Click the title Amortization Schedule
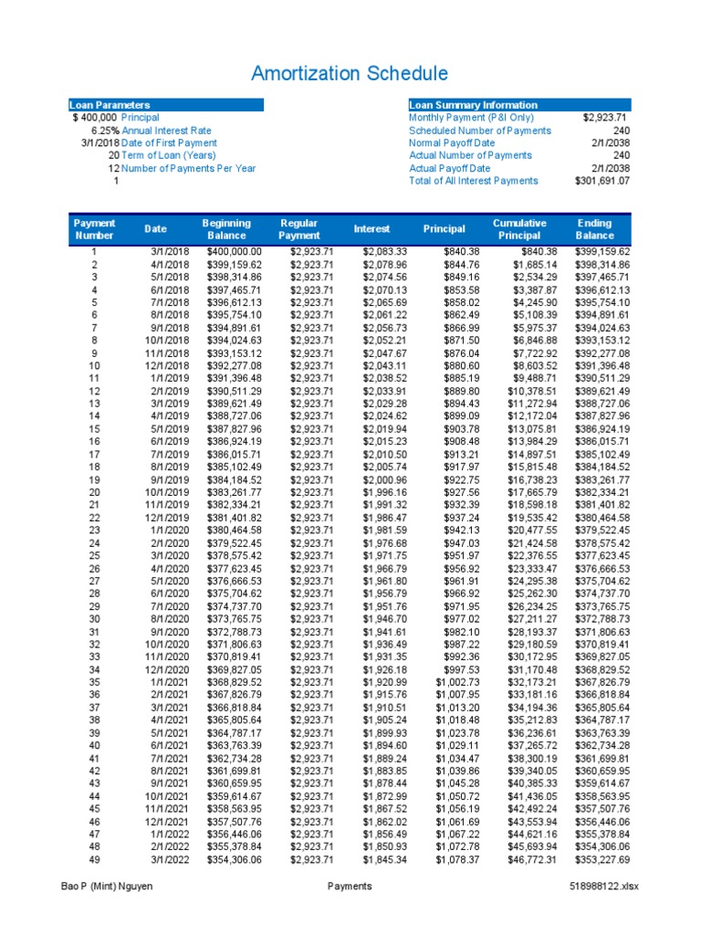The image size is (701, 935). pyautogui.click(x=350, y=74)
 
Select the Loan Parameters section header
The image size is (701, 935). pyautogui.click(x=110, y=105)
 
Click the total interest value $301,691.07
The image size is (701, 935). pyautogui.click(x=602, y=181)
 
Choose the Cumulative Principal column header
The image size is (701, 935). pyautogui.click(x=519, y=229)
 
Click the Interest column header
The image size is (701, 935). pyautogui.click(x=371, y=229)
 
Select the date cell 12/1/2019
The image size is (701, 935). pyautogui.click(x=166, y=516)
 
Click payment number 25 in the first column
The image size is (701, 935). pyautogui.click(x=93, y=553)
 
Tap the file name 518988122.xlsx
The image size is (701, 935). pyautogui.click(x=601, y=886)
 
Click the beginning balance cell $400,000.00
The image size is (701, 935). pyautogui.click(x=234, y=251)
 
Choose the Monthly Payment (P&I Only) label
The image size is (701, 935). pyautogui.click(x=470, y=118)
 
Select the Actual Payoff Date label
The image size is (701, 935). pyautogui.click(x=449, y=168)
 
